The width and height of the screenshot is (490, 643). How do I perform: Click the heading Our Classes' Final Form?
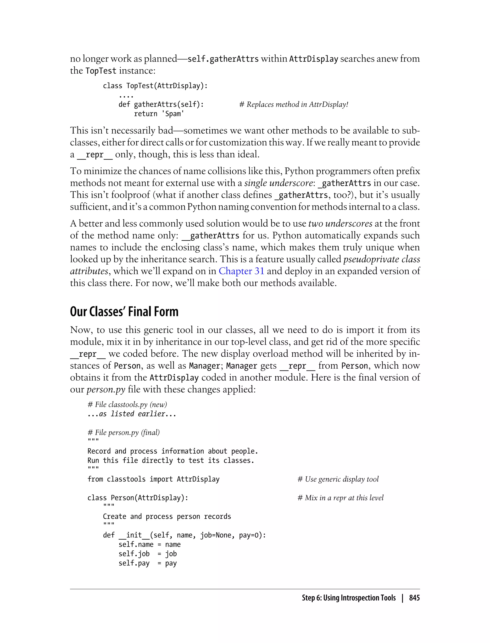[x=124, y=311]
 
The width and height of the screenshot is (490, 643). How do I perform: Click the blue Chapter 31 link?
[x=241, y=271]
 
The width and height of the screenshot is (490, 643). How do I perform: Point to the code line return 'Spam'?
[x=159, y=114]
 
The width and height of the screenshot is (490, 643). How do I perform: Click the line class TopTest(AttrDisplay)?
[x=155, y=86]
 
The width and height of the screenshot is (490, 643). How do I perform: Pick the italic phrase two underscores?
[x=340, y=223]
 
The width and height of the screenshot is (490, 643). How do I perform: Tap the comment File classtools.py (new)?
[x=127, y=405]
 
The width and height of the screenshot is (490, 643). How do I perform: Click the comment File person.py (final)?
[x=124, y=432]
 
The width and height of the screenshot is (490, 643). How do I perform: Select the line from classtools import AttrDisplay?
[x=153, y=479]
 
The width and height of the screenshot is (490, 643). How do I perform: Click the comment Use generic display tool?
[x=338, y=479]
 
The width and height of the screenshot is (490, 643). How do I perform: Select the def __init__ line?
[x=184, y=535]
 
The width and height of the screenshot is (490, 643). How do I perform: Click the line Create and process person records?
[x=167, y=516]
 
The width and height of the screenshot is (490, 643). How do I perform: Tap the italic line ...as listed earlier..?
[x=132, y=414]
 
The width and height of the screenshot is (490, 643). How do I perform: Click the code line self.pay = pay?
[x=148, y=563]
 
